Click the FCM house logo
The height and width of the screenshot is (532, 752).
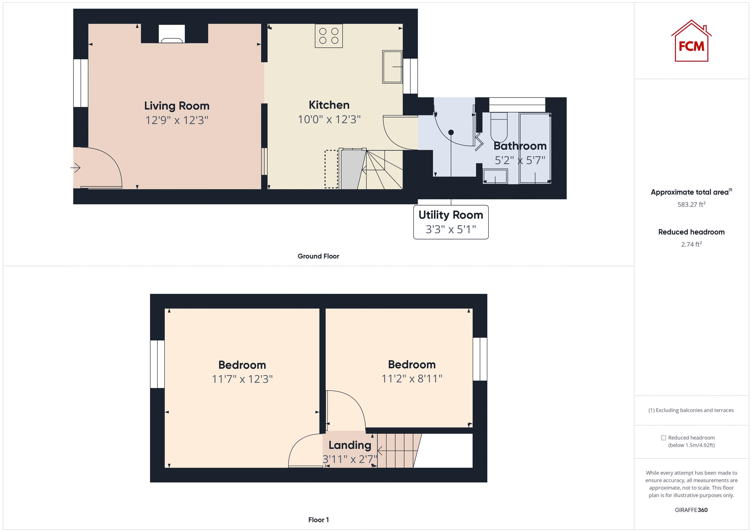(x=691, y=42)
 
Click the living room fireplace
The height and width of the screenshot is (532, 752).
(x=172, y=34)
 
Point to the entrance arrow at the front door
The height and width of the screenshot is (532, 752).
(x=76, y=168)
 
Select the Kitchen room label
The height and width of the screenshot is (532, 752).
(x=329, y=105)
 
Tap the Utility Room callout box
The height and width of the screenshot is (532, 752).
(x=451, y=222)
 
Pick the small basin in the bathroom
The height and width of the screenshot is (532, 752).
(x=495, y=176)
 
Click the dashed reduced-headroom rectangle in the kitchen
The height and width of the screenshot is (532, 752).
(x=331, y=169)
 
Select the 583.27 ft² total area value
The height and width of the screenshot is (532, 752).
(x=691, y=204)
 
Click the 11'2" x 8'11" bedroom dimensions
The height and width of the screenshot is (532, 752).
(x=412, y=379)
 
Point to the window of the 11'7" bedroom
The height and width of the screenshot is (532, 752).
(x=157, y=364)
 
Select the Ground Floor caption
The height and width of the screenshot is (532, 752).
(x=318, y=256)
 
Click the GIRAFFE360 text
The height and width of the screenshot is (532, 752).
(x=691, y=510)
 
